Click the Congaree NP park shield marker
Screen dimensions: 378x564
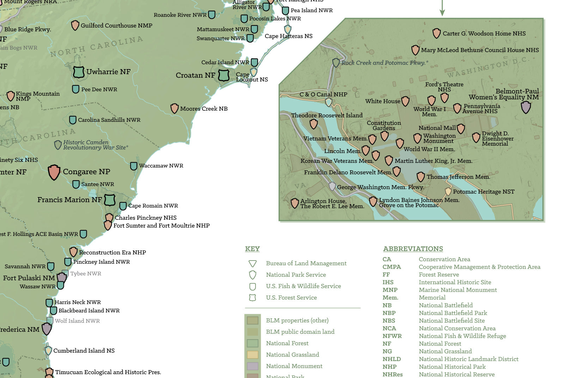(x=54, y=172)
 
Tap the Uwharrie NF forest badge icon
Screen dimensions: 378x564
(x=78, y=72)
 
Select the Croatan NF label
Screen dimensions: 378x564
(x=195, y=75)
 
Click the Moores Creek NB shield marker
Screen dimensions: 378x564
(x=174, y=108)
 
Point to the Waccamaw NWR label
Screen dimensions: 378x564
(x=161, y=165)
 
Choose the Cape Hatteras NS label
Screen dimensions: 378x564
(x=288, y=36)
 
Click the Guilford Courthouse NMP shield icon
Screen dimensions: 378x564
(x=75, y=25)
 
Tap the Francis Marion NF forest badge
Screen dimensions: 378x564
(x=110, y=200)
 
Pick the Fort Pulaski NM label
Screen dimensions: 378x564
(x=29, y=278)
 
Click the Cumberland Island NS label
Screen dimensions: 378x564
(x=84, y=350)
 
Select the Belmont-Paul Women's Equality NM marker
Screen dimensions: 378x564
(x=526, y=107)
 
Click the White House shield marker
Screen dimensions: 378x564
(x=405, y=101)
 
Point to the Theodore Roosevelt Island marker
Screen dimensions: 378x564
(x=313, y=124)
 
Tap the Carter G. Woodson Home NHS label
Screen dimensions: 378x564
(x=484, y=33)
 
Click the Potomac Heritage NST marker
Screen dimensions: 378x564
(x=448, y=191)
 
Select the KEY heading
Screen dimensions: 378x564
(x=252, y=249)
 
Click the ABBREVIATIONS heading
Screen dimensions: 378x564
(x=413, y=249)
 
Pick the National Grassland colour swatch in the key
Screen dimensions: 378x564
(x=253, y=355)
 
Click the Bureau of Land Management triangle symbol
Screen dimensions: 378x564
(x=252, y=263)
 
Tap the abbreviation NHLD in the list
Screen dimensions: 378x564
(x=392, y=359)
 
